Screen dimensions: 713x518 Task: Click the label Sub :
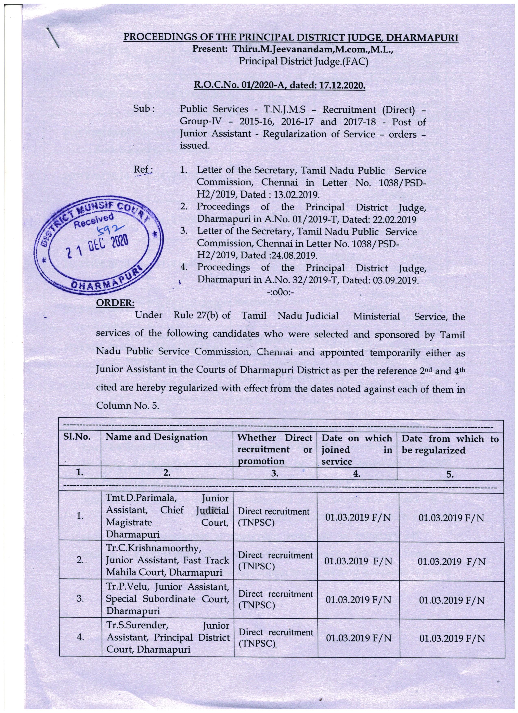tap(144, 109)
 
